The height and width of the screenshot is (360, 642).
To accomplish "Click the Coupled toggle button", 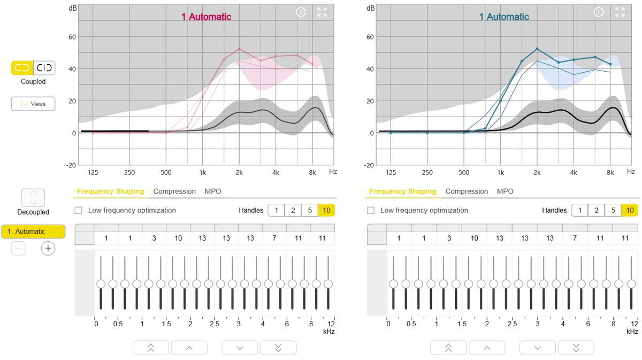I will point(22,68).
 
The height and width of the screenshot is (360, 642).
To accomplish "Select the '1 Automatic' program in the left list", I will point(33,231).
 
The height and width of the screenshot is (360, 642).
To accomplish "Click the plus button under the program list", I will point(48,248).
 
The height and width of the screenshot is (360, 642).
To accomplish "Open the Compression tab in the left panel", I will point(174,191).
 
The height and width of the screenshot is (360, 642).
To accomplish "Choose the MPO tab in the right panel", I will point(505,191).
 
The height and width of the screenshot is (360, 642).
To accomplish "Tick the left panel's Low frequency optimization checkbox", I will point(79,210).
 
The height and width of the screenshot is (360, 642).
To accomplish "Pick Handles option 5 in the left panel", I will point(310,210).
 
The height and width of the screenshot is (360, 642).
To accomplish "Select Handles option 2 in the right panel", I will point(596,210).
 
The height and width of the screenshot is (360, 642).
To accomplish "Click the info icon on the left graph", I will point(301,12).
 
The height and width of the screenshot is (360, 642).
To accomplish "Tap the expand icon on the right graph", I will point(620,12).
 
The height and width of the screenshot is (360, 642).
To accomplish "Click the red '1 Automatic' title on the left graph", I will point(206,17).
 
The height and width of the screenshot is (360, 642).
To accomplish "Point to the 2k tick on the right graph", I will point(537,172).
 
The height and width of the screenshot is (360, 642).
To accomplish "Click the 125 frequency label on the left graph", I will point(93,172).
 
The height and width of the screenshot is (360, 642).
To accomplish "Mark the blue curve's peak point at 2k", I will point(537,49).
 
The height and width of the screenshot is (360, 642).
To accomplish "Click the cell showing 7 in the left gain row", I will point(274,238).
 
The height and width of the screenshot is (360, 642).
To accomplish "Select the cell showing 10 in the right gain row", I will point(475,238).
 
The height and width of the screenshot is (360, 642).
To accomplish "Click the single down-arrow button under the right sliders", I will point(537,348).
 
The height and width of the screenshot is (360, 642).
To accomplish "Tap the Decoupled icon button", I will point(33,197).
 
